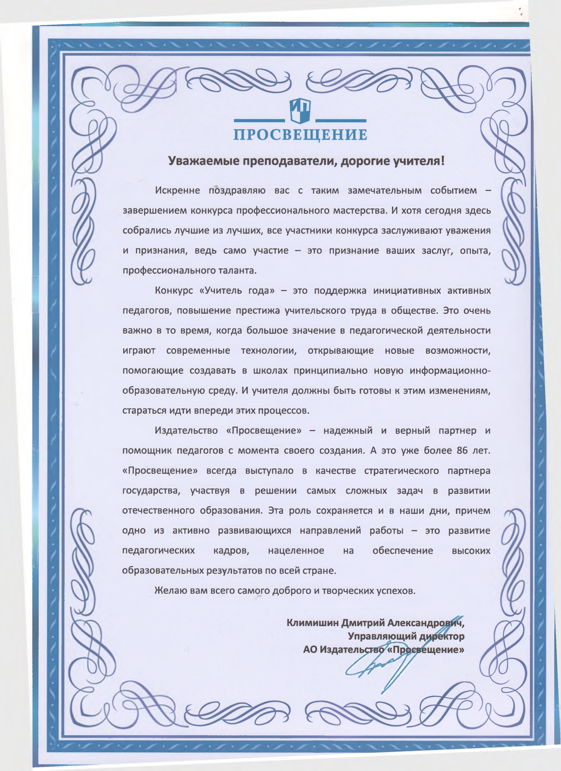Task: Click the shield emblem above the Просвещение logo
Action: [300, 111]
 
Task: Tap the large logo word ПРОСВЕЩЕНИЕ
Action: [300, 135]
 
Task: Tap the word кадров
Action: [231, 551]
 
